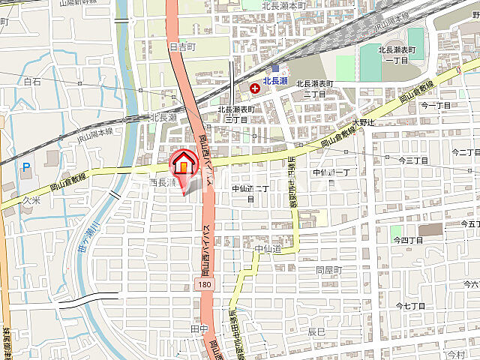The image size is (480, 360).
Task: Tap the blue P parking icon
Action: pyautogui.click(x=26, y=168)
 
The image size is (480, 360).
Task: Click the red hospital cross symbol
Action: pyautogui.click(x=256, y=88)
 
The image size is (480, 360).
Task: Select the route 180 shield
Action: pyautogui.click(x=205, y=284)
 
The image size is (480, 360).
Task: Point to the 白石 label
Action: pyautogui.click(x=32, y=81)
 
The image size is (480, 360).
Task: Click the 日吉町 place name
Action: pyautogui.click(x=182, y=46)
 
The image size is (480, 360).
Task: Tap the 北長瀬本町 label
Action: pyautogui.click(x=285, y=5)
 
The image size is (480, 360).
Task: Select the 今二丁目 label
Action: pyautogui.click(x=435, y=106)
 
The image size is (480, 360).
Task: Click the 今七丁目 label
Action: pyautogui.click(x=410, y=306)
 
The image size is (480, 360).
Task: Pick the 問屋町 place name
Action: pyautogui.click(x=328, y=269)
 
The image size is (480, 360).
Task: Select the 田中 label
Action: pyautogui.click(x=198, y=329)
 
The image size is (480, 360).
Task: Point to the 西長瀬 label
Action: pyautogui.click(x=162, y=182)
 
